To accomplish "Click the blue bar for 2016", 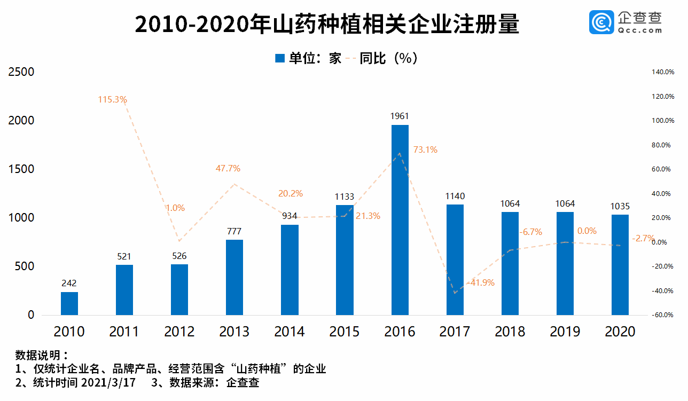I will click(x=400, y=220).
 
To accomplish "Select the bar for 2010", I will click(x=69, y=303).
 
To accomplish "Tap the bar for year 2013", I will click(x=234, y=277).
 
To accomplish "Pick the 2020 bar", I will click(x=620, y=265).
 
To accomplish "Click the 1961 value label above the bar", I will click(x=400, y=116).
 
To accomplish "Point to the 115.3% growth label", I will click(x=112, y=99).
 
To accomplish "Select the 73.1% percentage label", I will click(x=425, y=150).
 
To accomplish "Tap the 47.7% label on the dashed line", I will click(x=228, y=169).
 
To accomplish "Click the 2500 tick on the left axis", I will click(x=21, y=72).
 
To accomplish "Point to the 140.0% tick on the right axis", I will click(x=662, y=72).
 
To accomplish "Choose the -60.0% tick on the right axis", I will click(x=662, y=315).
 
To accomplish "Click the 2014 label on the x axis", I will click(x=290, y=332).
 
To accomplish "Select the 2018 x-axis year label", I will click(x=510, y=332).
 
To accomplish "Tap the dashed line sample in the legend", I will click(x=350, y=58).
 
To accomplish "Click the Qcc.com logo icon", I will click(x=601, y=23).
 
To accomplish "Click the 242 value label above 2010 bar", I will click(x=69, y=283).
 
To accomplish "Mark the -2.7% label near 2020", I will click(x=644, y=239).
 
